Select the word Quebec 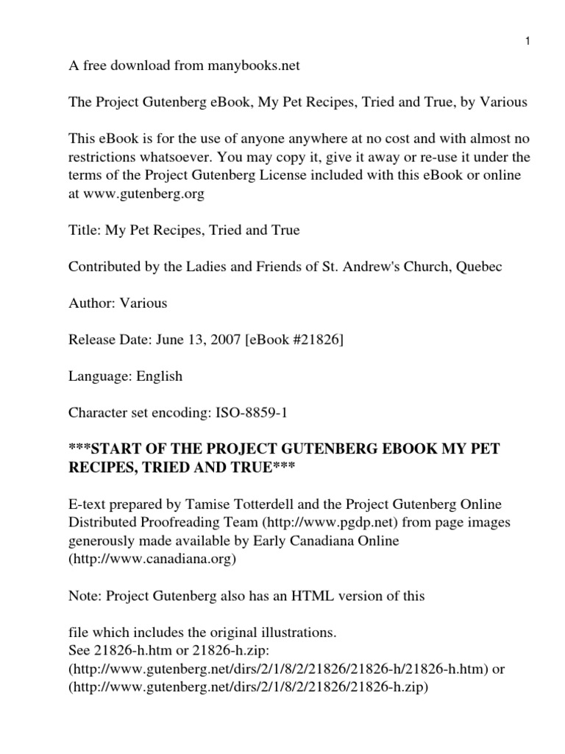coord(479,266)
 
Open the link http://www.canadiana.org coord(152,557)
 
